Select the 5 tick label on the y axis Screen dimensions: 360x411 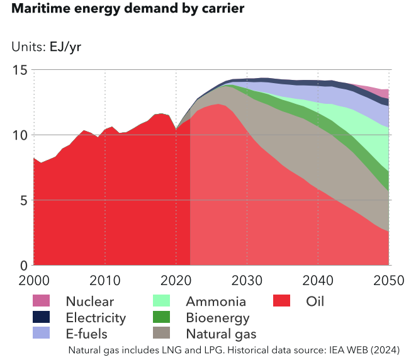(x=23, y=200)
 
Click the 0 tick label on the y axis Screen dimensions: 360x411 (x=23, y=265)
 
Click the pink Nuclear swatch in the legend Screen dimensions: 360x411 (x=42, y=301)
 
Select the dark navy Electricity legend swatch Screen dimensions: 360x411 (x=42, y=317)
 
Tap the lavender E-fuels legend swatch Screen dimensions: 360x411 (x=42, y=333)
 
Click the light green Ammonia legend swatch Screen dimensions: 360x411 (x=162, y=301)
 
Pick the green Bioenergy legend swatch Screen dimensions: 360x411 (x=162, y=317)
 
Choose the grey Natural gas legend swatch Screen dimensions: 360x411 (x=162, y=333)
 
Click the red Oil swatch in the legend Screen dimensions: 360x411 (x=283, y=301)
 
